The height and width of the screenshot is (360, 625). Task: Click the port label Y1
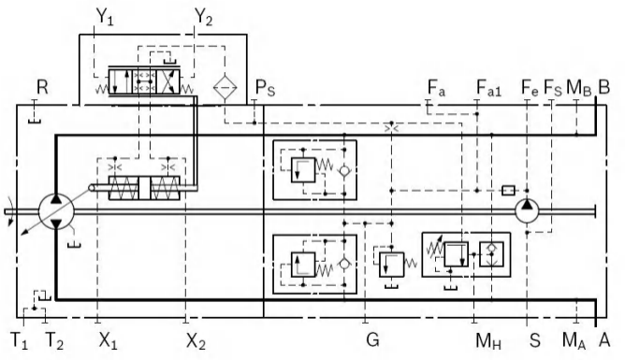(x=105, y=18)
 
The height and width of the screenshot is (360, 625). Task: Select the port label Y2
(x=203, y=18)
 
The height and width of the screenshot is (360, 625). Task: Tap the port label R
(x=42, y=87)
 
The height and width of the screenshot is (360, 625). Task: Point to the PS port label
(x=265, y=88)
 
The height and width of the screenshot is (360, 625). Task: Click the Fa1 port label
(x=489, y=88)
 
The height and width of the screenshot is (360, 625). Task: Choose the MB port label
(x=579, y=88)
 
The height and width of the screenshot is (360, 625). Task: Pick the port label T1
(x=19, y=341)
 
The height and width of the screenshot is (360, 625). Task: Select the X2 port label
(x=196, y=341)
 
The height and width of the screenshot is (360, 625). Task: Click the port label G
(x=372, y=340)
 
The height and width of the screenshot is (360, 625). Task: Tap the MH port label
(x=488, y=341)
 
